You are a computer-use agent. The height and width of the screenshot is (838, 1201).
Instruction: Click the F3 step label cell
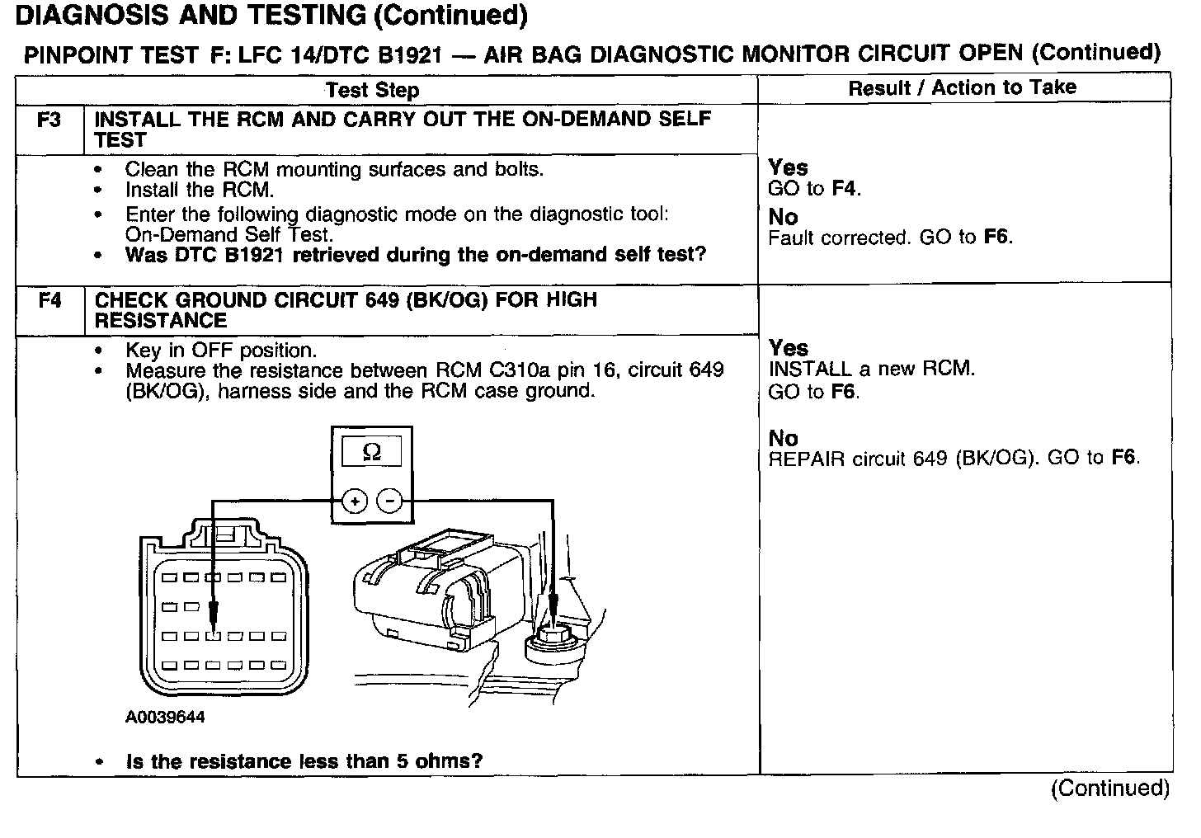(x=49, y=120)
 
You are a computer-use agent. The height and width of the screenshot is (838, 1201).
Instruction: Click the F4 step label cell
(x=49, y=300)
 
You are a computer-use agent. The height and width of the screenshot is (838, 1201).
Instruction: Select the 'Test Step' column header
(x=372, y=90)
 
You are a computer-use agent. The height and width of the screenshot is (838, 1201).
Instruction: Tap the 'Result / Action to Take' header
(x=962, y=87)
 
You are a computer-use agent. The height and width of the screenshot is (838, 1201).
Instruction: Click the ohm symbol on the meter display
(x=372, y=452)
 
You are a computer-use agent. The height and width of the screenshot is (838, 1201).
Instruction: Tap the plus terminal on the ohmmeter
(x=354, y=501)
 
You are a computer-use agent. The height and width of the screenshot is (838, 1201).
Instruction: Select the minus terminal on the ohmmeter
(x=389, y=501)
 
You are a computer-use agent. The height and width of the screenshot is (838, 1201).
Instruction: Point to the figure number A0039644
(x=165, y=718)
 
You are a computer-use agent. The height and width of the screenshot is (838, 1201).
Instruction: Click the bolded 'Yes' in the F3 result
(x=788, y=167)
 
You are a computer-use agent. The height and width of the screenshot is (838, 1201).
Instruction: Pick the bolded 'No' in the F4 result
(x=783, y=438)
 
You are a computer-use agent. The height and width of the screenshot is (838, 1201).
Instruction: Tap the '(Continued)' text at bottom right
(x=1109, y=789)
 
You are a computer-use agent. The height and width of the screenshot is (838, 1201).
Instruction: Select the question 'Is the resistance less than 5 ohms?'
(x=304, y=761)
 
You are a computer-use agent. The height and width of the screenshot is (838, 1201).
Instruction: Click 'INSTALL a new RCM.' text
(x=871, y=369)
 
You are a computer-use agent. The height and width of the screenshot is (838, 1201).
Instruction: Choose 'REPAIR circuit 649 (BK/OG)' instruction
(x=902, y=459)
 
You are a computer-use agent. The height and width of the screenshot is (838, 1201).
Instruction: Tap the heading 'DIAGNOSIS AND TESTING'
(x=191, y=15)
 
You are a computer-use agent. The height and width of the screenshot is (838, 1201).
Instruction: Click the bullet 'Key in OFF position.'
(x=221, y=350)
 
